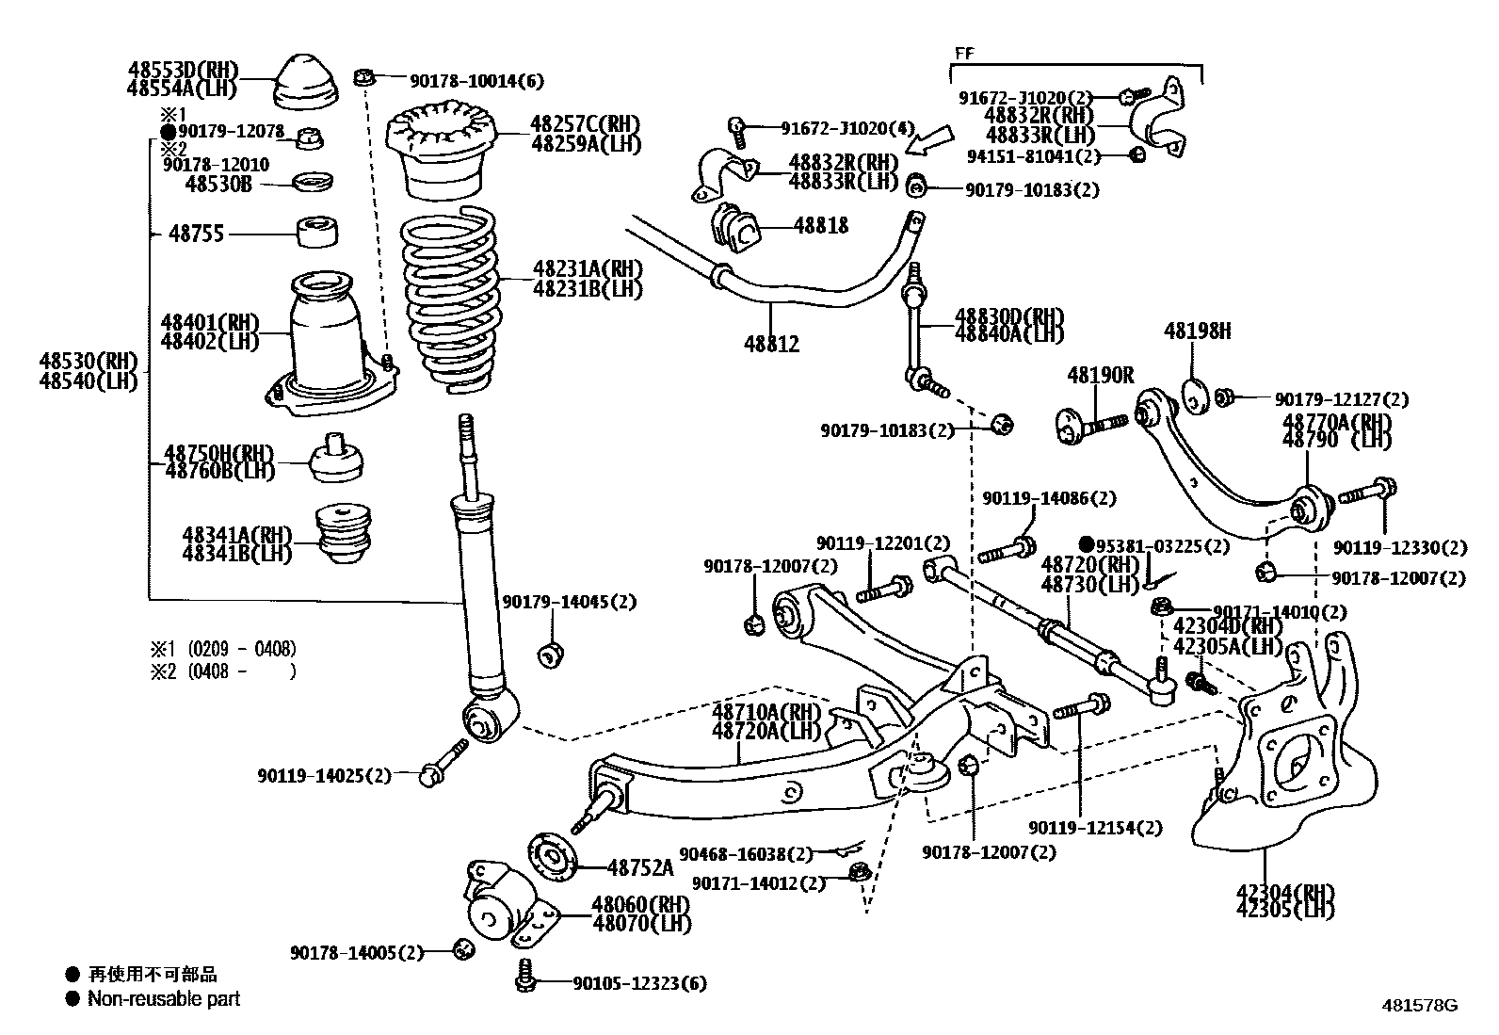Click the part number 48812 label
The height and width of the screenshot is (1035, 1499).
point(771,344)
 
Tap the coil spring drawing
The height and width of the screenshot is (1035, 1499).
point(450,299)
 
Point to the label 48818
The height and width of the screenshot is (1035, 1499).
point(821,226)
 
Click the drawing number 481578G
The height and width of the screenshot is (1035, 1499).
point(1419,1006)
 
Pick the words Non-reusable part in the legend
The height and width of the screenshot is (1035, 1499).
point(164,999)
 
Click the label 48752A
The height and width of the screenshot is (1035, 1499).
point(640,867)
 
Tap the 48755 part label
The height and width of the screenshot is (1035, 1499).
point(196,234)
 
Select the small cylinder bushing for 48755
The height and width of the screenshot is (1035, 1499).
point(317,232)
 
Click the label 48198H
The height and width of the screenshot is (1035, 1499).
point(1197,331)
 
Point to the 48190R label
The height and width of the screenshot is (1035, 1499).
point(1101,376)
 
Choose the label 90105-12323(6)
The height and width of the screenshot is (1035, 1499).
point(639,983)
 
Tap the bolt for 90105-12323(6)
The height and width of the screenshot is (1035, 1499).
point(525,975)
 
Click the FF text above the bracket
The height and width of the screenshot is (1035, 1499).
point(964,53)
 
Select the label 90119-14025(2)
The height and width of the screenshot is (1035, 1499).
point(324,776)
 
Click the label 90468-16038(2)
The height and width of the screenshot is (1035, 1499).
point(746,854)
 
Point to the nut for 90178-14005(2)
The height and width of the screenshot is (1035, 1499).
point(463,949)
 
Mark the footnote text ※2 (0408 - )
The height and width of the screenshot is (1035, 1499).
point(223,671)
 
